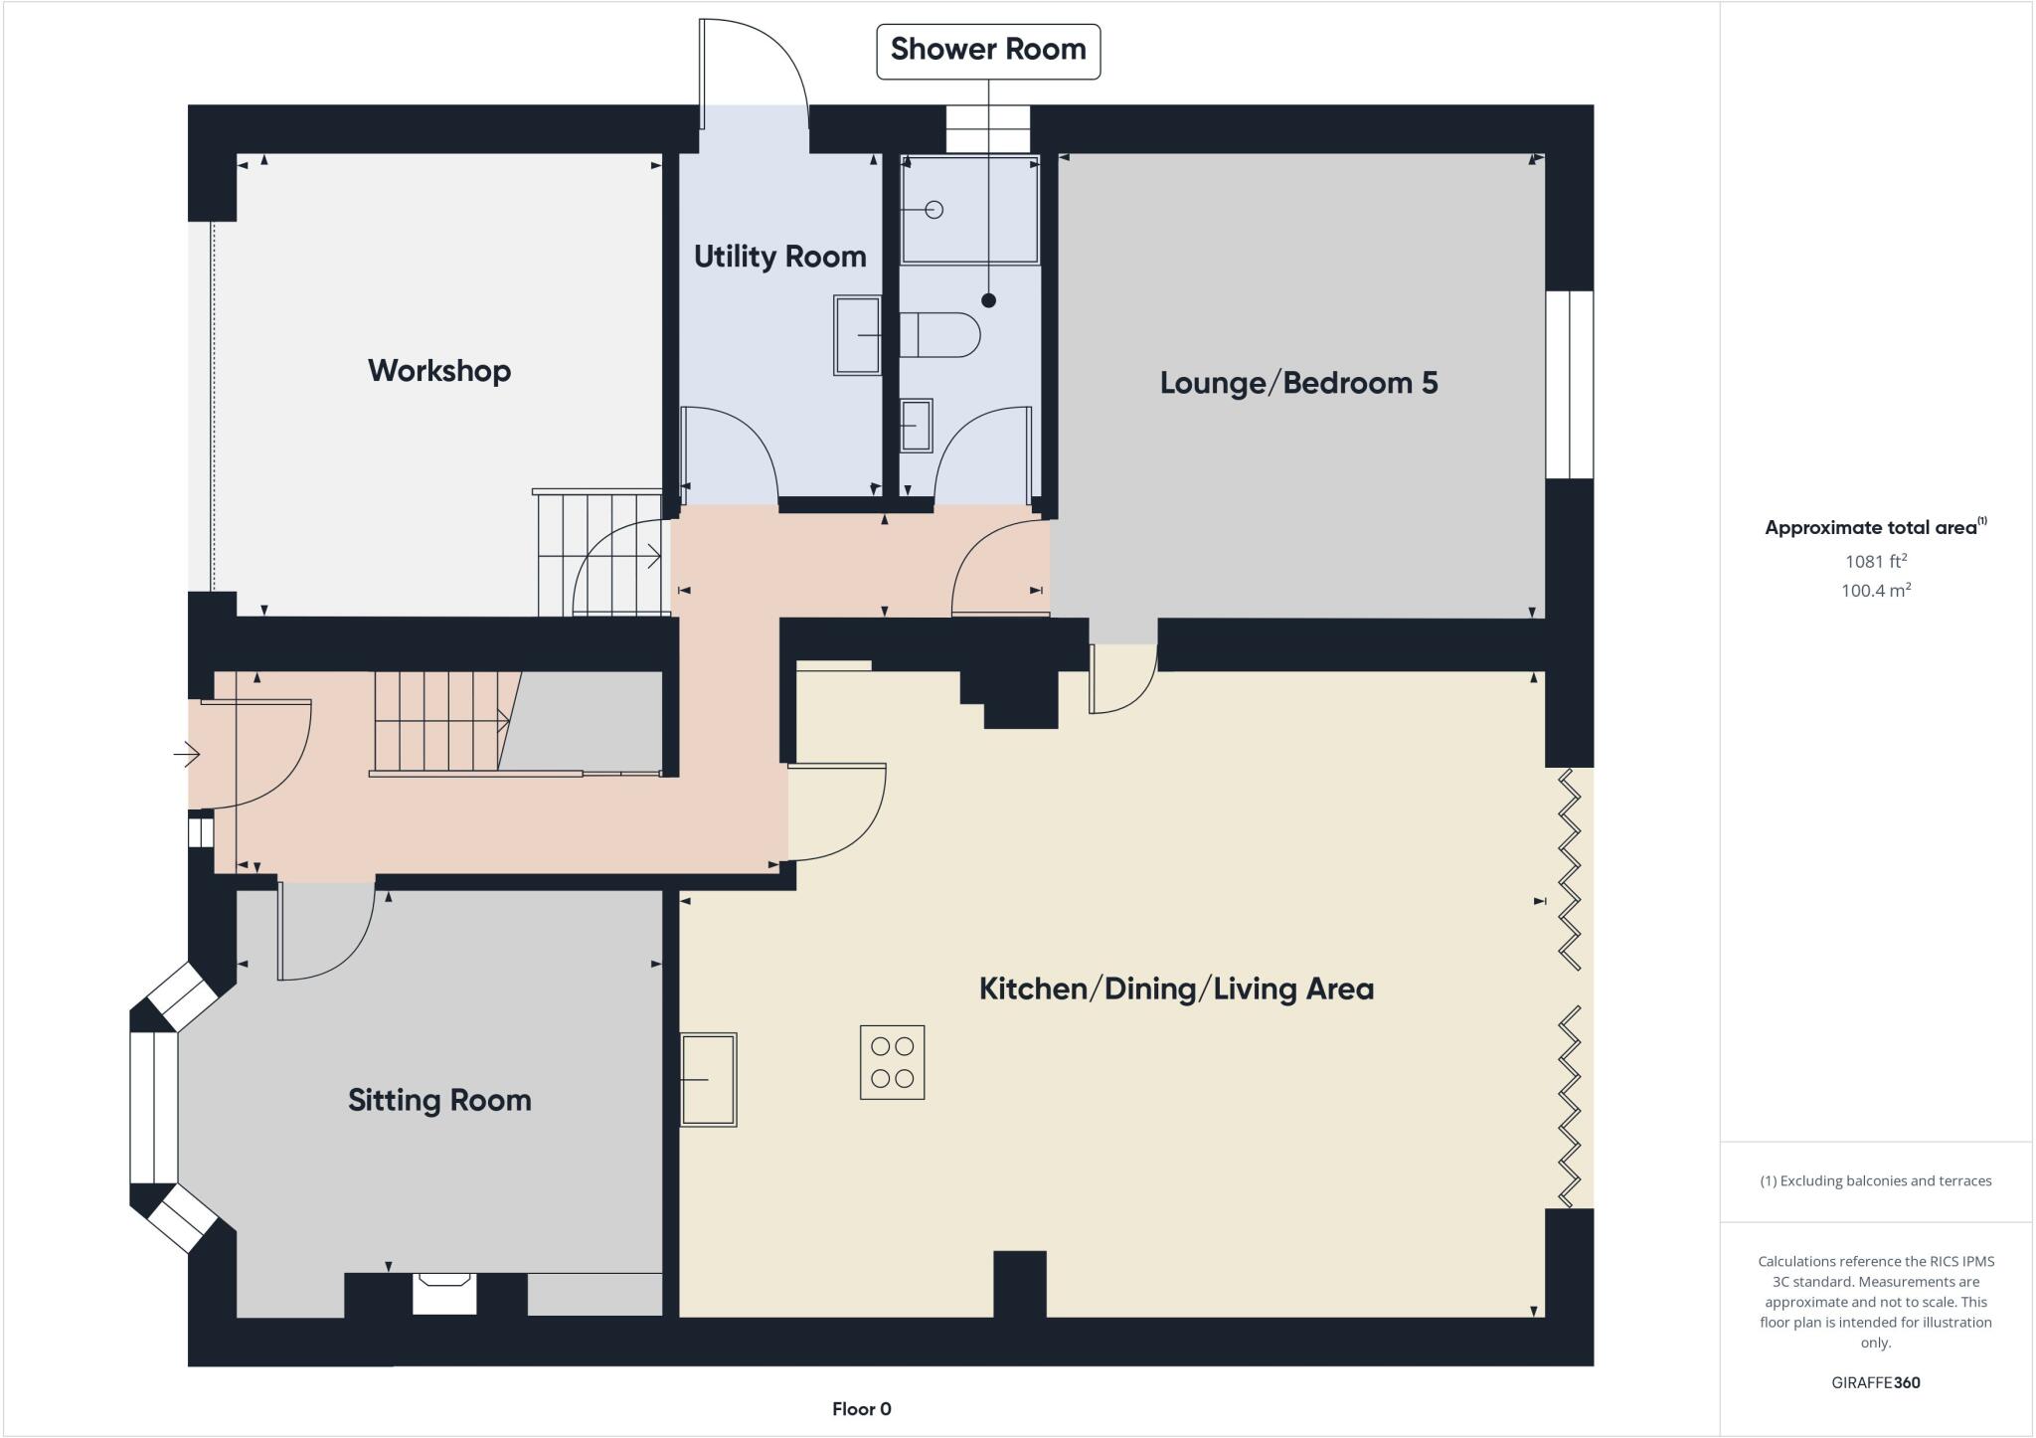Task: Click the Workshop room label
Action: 439,371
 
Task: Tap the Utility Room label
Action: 779,257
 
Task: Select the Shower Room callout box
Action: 987,51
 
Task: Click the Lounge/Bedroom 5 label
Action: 1298,383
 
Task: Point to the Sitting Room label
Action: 439,1100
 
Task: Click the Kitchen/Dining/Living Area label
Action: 1176,989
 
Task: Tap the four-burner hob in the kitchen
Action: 892,1062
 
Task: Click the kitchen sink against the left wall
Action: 709,1079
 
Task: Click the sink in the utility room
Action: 857,335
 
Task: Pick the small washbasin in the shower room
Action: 916,426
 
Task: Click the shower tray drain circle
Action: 933,210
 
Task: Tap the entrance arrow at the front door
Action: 187,755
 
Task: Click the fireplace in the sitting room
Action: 443,1293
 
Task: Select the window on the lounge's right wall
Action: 1570,384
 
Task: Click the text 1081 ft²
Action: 1875,561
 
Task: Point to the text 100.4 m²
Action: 1875,590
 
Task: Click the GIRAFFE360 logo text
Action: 1875,1382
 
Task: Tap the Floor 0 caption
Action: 861,1408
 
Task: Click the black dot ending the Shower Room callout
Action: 988,300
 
